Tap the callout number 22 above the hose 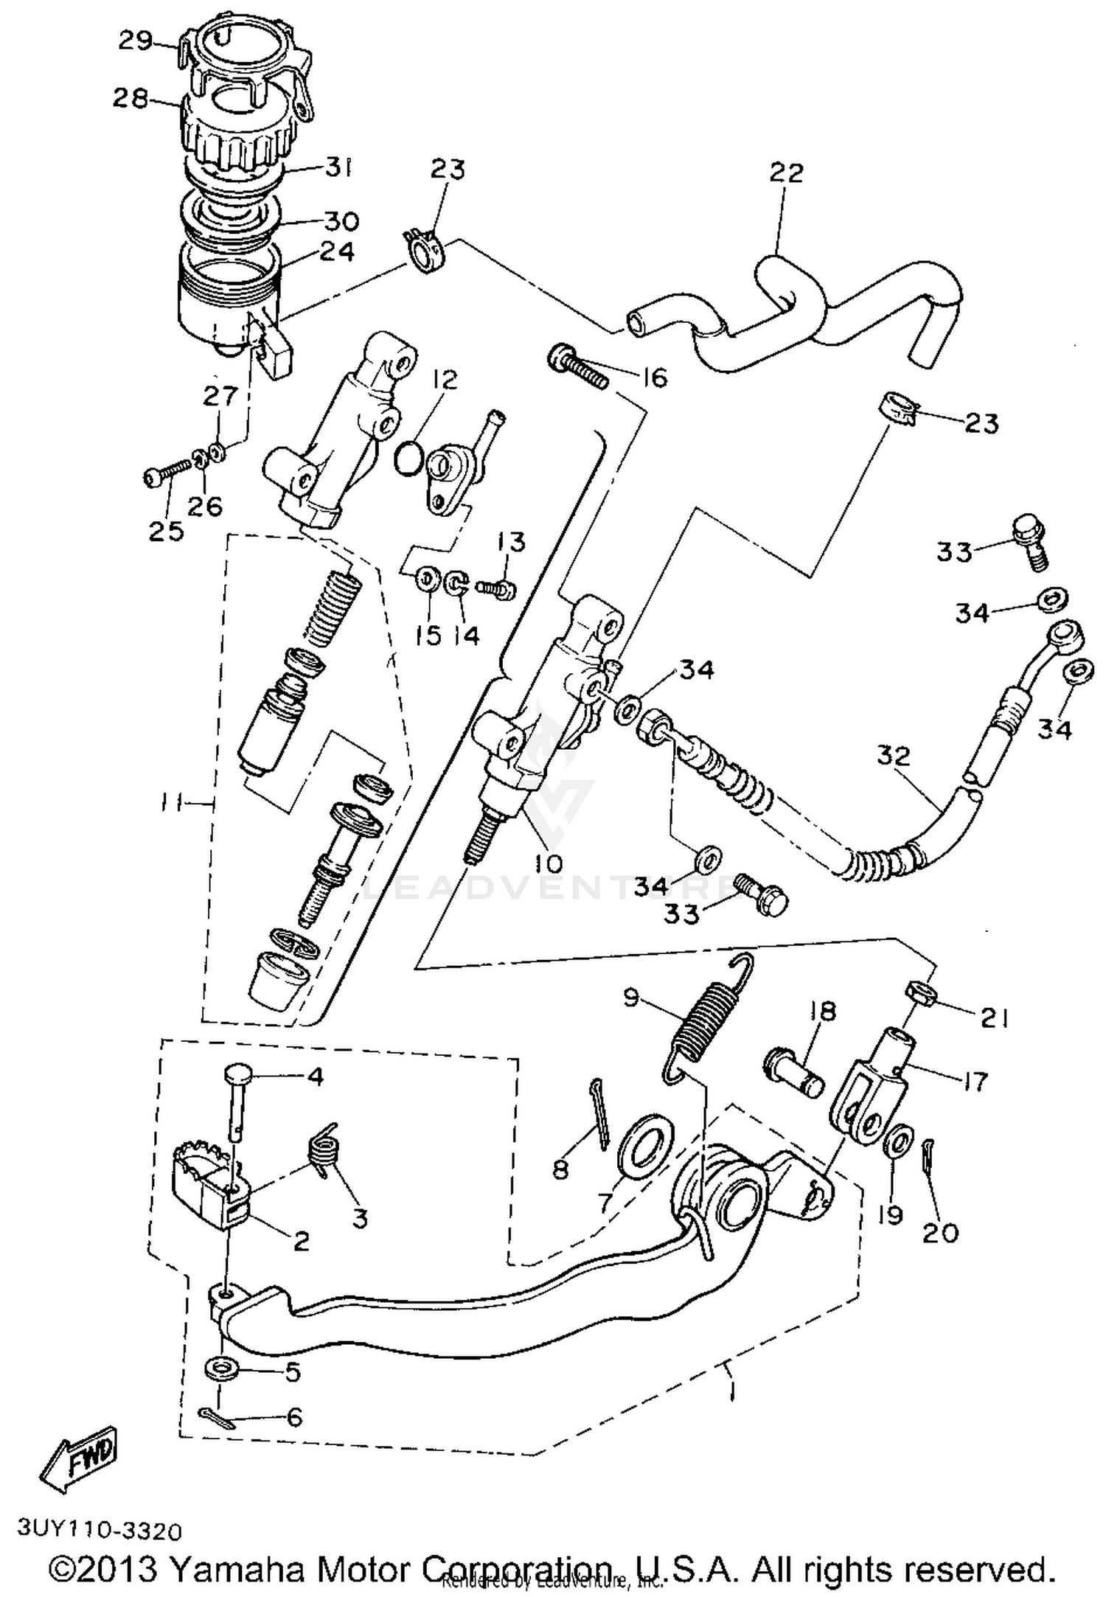(786, 173)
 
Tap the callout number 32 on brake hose (894, 756)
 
